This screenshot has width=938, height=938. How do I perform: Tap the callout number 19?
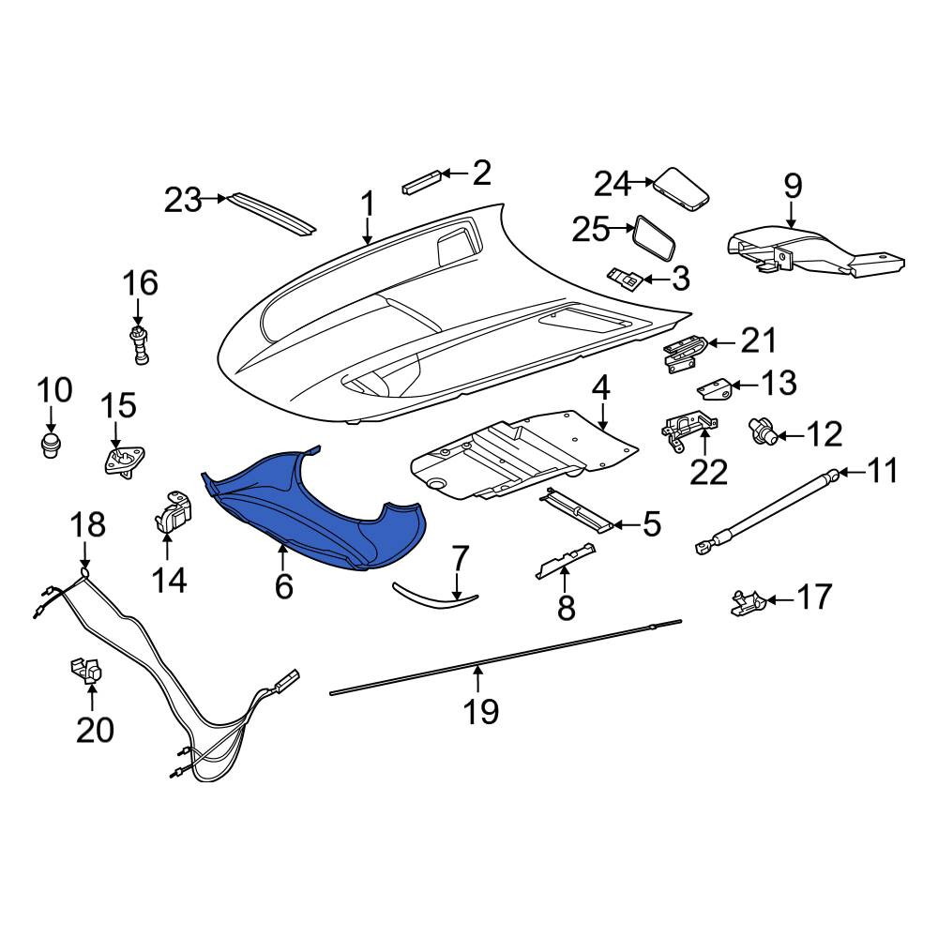(481, 711)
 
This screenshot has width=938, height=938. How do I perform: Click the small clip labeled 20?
(86, 671)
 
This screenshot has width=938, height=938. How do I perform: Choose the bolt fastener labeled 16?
(140, 346)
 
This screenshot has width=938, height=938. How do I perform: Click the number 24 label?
(612, 184)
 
